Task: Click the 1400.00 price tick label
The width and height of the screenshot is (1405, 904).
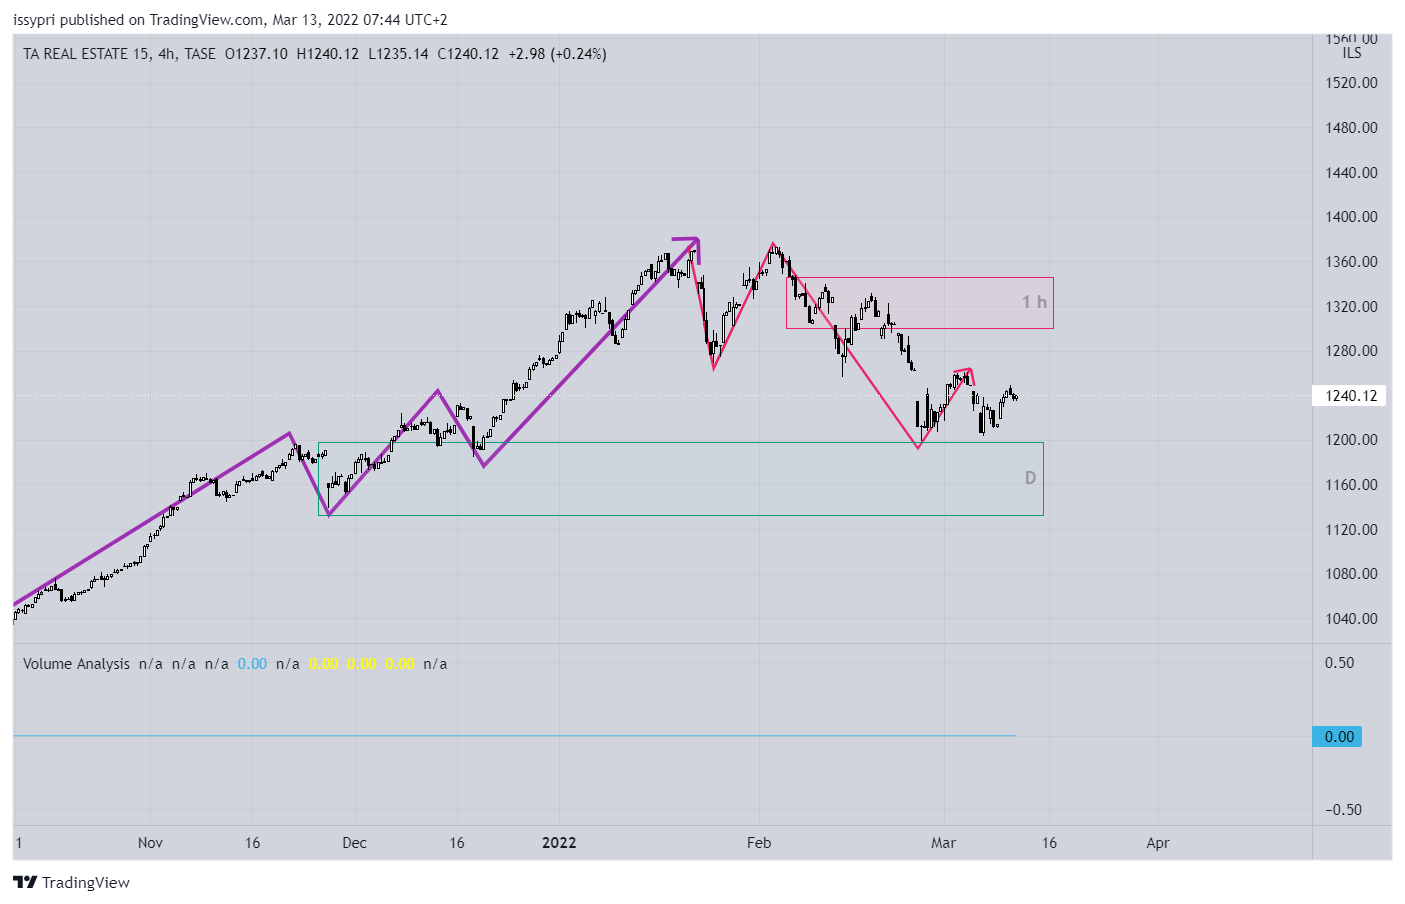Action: pos(1351,217)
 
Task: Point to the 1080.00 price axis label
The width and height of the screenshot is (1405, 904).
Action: pos(1351,574)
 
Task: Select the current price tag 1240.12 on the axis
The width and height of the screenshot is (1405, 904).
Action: pos(1351,396)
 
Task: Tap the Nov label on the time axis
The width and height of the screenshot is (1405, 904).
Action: pos(150,843)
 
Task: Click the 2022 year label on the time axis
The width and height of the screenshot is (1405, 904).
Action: pos(559,843)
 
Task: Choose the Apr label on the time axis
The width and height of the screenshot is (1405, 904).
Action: pos(1157,843)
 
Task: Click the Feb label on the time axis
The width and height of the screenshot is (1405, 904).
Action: pos(759,843)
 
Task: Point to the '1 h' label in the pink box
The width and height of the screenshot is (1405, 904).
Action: pos(1034,302)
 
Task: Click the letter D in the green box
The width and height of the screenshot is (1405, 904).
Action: pos(1030,478)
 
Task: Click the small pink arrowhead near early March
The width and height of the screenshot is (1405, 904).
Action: pos(967,373)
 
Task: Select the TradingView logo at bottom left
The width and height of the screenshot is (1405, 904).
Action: pos(71,882)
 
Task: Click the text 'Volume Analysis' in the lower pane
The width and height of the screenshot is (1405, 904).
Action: pos(76,664)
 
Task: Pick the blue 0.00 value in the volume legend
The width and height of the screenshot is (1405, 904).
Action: pos(252,664)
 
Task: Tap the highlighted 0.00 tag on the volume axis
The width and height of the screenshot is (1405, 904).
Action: pos(1339,737)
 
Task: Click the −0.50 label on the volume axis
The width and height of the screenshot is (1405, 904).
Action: pos(1343,810)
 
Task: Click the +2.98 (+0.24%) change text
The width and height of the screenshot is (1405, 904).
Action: pos(557,54)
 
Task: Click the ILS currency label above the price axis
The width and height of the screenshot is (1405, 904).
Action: pos(1352,54)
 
